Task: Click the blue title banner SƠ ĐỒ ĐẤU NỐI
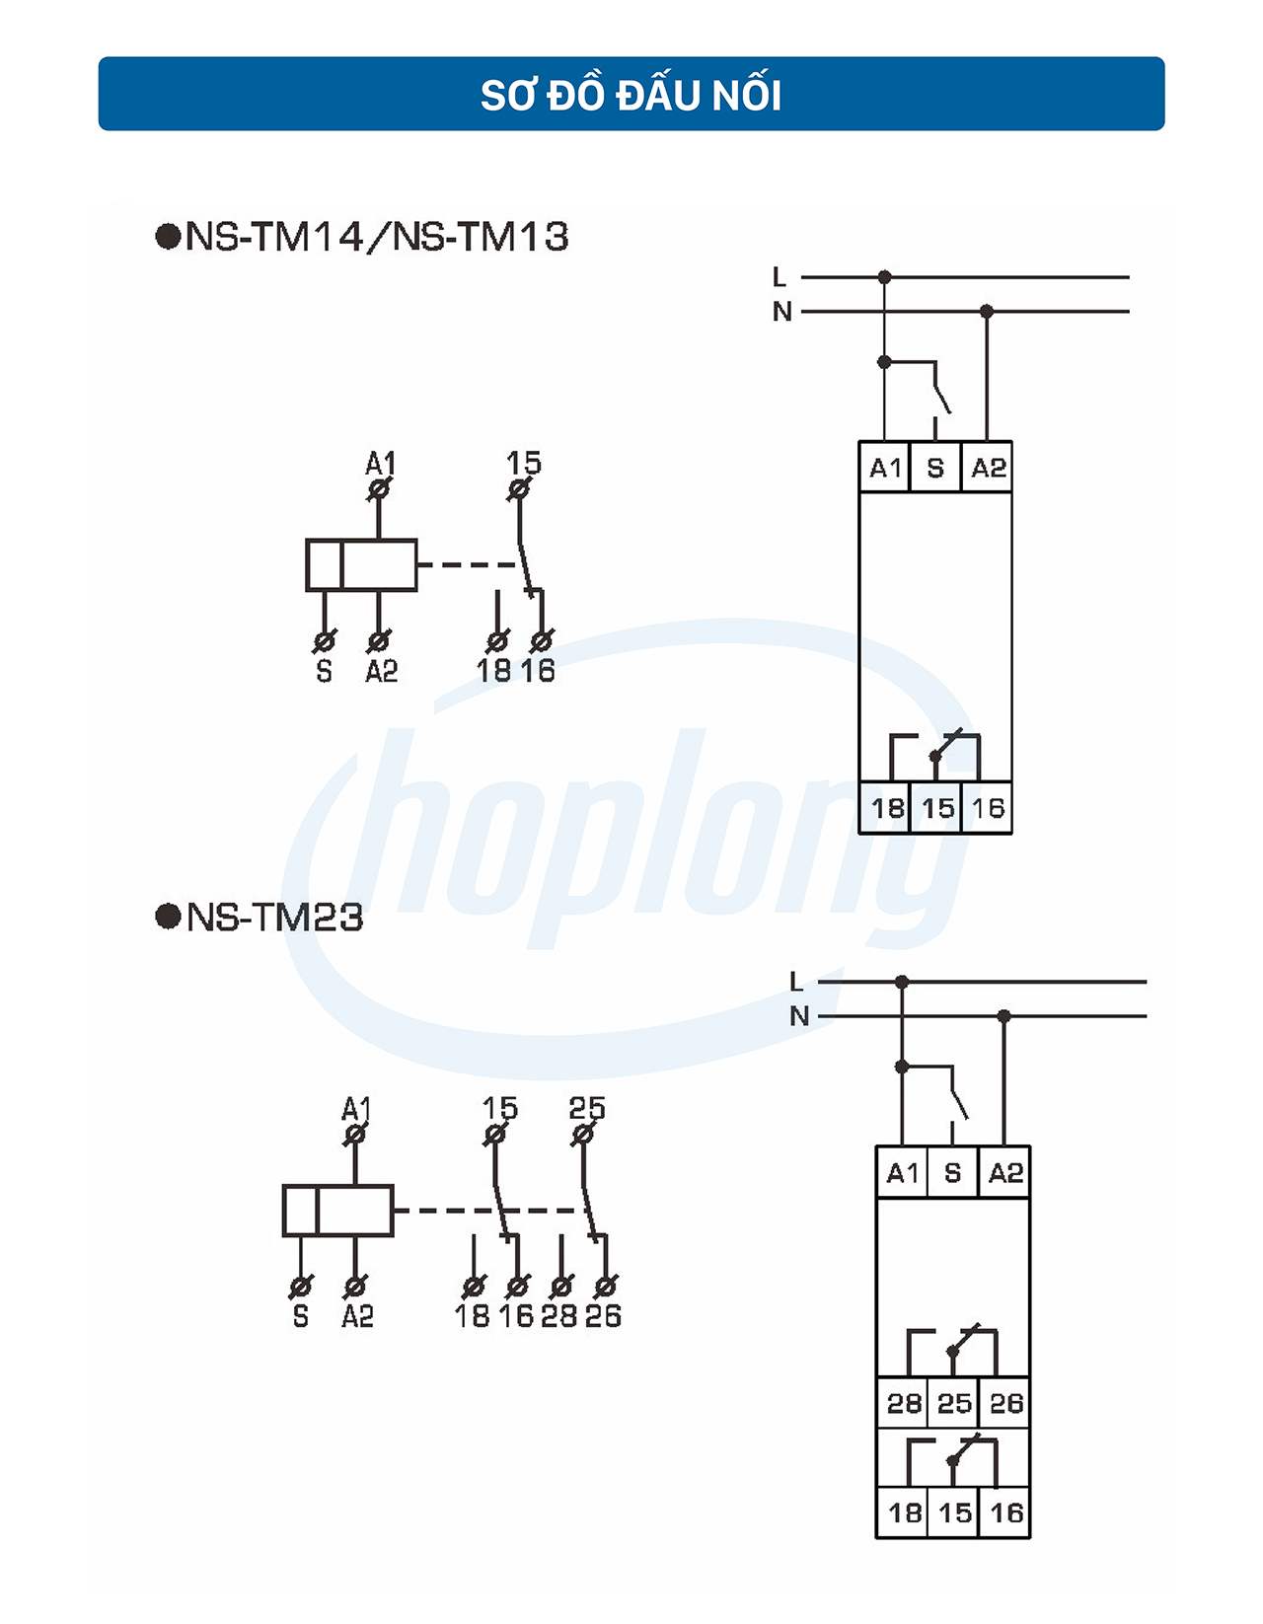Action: pos(631,94)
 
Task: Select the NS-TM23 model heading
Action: pos(261,918)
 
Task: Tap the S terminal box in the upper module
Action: pos(935,468)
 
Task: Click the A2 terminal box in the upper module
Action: pos(988,468)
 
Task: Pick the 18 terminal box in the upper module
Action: pos(886,808)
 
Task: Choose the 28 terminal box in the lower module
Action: pos(903,1402)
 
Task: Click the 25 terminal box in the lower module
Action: pos(954,1402)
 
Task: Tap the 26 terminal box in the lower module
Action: pos(1005,1402)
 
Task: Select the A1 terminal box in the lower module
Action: pos(902,1172)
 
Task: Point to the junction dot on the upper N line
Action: pos(986,311)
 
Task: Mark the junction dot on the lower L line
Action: pos(901,982)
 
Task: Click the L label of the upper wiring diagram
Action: pos(780,277)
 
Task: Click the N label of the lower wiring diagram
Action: pos(798,1015)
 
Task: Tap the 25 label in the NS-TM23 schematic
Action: pos(587,1108)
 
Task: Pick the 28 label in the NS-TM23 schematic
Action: pos(558,1315)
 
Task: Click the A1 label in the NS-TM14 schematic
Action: pos(380,463)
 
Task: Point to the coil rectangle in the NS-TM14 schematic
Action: pos(361,565)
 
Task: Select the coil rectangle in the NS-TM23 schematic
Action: pos(337,1211)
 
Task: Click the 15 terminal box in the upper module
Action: pos(937,808)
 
